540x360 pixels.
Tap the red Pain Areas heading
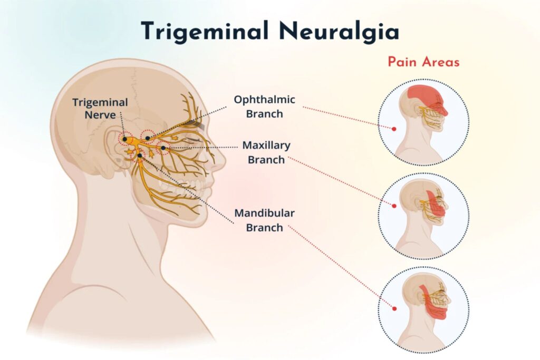click(x=423, y=62)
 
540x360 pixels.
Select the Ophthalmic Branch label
click(x=265, y=106)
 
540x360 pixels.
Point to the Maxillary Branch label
click(x=266, y=152)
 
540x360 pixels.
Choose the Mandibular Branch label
click(x=265, y=220)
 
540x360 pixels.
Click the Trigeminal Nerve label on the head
click(x=100, y=108)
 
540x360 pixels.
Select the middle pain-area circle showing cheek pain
click(x=423, y=216)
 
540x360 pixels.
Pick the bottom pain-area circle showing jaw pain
click(x=423, y=309)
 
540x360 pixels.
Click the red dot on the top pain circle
click(x=394, y=128)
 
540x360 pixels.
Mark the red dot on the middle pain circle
click(x=394, y=205)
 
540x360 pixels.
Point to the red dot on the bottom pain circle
click(x=394, y=307)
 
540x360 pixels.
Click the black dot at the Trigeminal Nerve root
click(x=125, y=140)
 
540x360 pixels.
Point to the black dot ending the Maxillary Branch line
click(x=164, y=148)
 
